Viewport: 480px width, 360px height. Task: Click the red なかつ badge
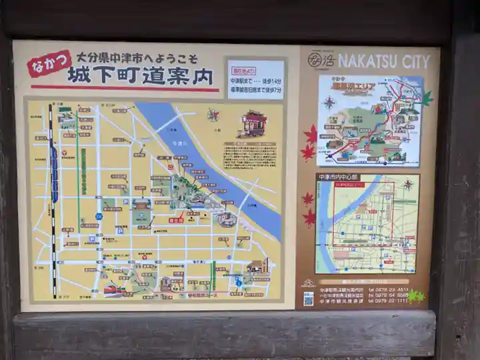pos(49,64)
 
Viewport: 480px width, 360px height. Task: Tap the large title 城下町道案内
pos(140,75)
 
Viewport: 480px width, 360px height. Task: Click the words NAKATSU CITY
pos(383,61)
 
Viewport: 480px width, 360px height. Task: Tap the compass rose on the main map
pos(213,115)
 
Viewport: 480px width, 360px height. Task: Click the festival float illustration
pos(253,124)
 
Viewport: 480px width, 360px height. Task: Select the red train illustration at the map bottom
pos(113,290)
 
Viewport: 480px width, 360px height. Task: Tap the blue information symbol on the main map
pos(239,282)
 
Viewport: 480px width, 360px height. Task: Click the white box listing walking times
pos(255,79)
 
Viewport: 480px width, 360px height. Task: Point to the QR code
pos(308,297)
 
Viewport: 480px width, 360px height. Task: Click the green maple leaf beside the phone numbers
pos(415,295)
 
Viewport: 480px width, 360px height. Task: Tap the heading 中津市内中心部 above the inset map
pos(337,177)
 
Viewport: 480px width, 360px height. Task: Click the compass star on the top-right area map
pos(329,102)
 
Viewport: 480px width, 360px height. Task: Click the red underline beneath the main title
pos(124,89)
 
